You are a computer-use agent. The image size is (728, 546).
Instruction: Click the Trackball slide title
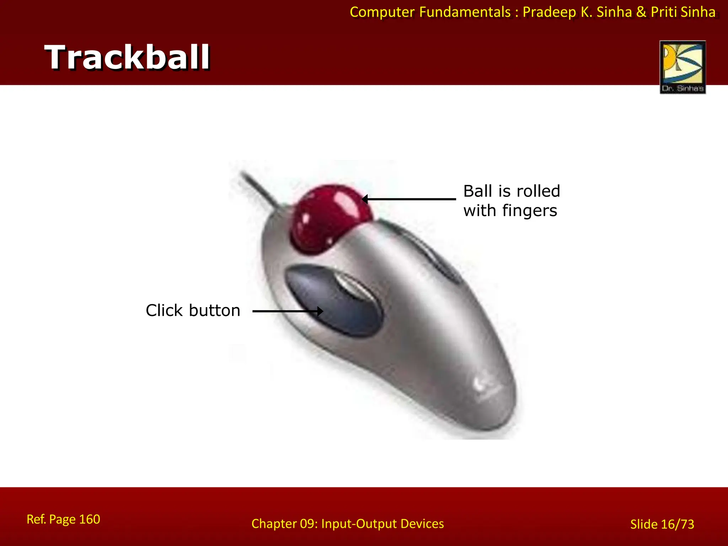click(x=127, y=57)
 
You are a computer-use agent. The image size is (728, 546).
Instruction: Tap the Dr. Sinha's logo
click(x=682, y=67)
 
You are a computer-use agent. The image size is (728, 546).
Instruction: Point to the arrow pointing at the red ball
click(x=409, y=199)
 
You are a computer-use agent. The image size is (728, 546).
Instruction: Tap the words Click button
click(x=193, y=310)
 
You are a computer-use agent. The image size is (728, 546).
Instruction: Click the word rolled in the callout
click(x=538, y=191)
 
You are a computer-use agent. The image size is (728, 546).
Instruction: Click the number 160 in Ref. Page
click(x=89, y=519)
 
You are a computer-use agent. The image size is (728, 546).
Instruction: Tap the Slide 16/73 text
click(x=662, y=524)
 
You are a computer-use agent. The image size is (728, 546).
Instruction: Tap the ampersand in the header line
click(x=641, y=12)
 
